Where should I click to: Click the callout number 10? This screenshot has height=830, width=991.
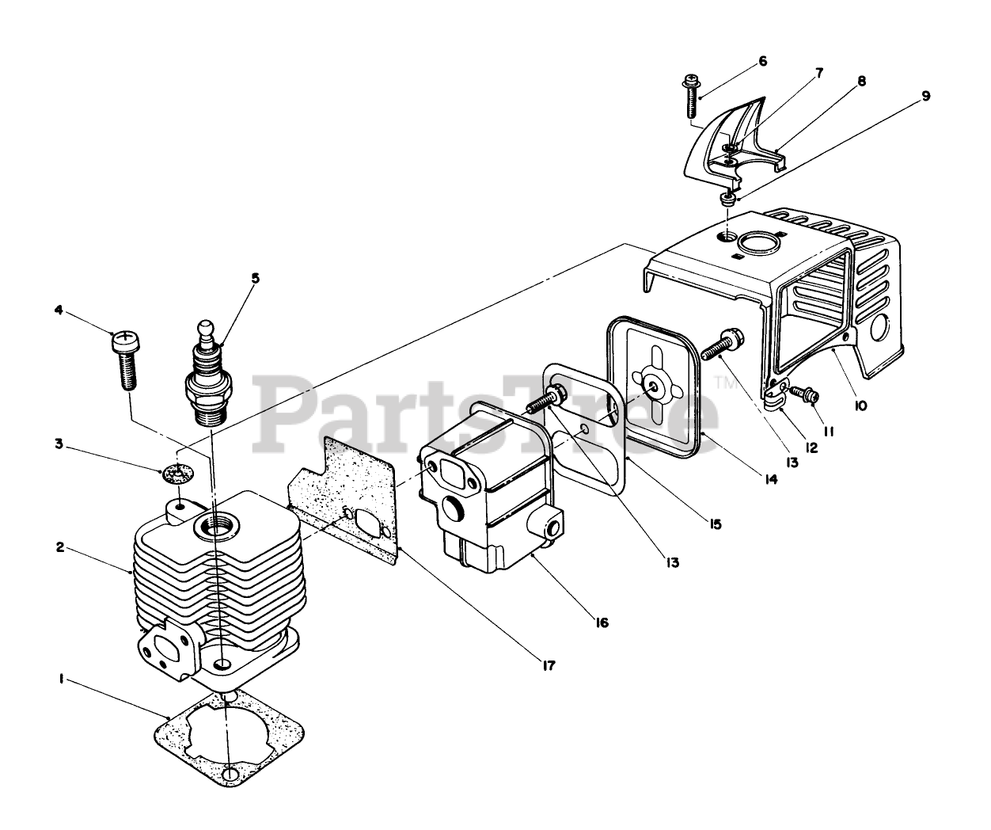pos(860,405)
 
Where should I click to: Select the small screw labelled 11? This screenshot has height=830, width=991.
pos(807,392)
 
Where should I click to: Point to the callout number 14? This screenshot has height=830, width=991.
pos(770,478)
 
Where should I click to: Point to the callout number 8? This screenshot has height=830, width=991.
pos(860,81)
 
